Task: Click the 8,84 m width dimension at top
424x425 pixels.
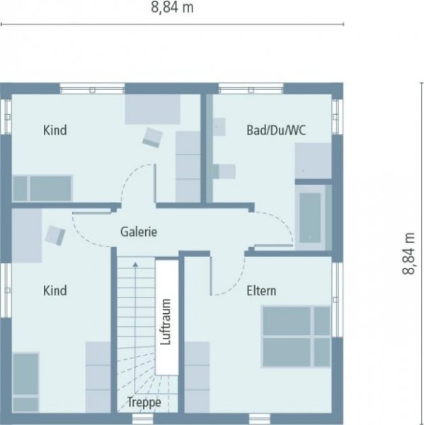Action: [x=173, y=8]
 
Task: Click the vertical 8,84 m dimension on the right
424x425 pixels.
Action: [x=409, y=255]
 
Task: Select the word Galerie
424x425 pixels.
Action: [x=138, y=232]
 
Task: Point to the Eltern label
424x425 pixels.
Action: [x=261, y=290]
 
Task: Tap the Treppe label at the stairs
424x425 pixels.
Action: [x=144, y=402]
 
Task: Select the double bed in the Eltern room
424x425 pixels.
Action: [x=296, y=336]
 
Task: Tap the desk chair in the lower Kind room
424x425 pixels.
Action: [x=55, y=235]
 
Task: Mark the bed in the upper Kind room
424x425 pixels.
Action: [x=42, y=188]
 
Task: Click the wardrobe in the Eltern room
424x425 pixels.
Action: [x=197, y=375]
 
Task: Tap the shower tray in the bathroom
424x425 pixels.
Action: [x=313, y=160]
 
